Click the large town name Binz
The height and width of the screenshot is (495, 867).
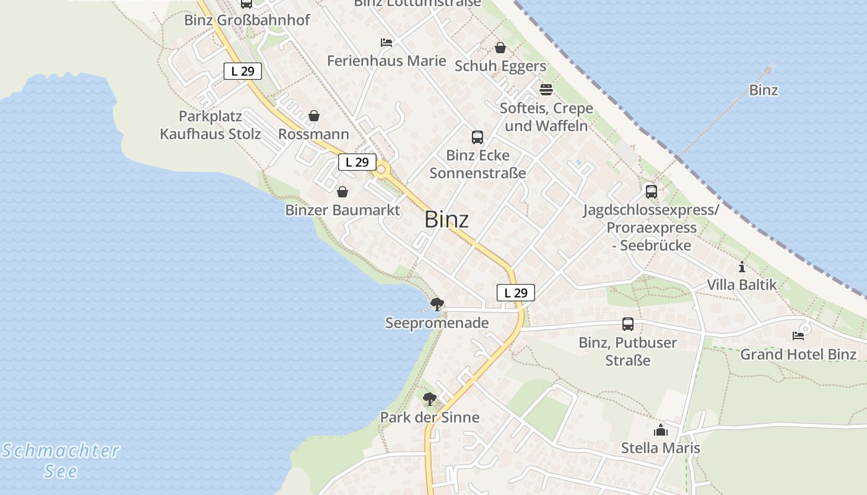447,220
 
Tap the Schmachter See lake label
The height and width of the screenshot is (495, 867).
61,460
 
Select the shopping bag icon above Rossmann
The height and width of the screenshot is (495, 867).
314,116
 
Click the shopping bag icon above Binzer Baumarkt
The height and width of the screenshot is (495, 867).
342,192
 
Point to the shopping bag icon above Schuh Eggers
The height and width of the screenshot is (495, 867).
500,48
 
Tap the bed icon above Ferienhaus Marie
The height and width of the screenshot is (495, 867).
386,43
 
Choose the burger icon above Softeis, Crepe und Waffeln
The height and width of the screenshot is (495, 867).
546,90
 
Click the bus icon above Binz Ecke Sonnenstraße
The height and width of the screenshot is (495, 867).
477,137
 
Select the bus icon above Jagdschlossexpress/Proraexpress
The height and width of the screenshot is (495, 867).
651,192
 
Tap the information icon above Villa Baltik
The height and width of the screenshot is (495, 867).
742,267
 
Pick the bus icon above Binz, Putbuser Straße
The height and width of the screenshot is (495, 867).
627,324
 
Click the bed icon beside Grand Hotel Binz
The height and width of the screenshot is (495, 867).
798,336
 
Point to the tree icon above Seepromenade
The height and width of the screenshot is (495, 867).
437,304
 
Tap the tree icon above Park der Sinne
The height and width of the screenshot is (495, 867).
429,398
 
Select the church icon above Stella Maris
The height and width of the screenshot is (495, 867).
661,430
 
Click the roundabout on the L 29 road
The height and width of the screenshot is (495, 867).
381,170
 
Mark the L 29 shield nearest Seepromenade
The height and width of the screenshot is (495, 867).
515,293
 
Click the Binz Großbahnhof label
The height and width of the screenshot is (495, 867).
247,20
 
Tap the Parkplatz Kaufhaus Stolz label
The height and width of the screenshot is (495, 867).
211,125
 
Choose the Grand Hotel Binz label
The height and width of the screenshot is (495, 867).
798,355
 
